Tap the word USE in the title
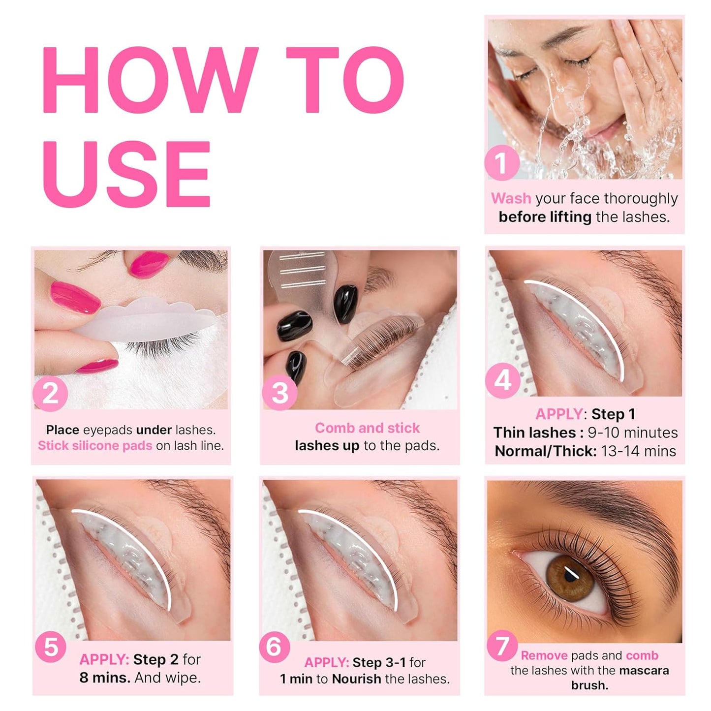(127, 174)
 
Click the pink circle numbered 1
(501, 163)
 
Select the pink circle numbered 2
(50, 394)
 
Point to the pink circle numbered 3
(279, 393)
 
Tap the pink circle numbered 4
(502, 380)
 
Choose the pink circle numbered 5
(51, 647)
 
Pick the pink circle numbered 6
(274, 646)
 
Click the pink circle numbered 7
(502, 646)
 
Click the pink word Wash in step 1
(511, 198)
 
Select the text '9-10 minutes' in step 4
(632, 433)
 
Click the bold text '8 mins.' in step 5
(105, 678)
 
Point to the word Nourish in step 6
(356, 679)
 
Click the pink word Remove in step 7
(544, 655)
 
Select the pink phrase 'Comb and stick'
(367, 428)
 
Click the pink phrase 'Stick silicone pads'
(95, 446)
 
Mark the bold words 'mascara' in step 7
(644, 671)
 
